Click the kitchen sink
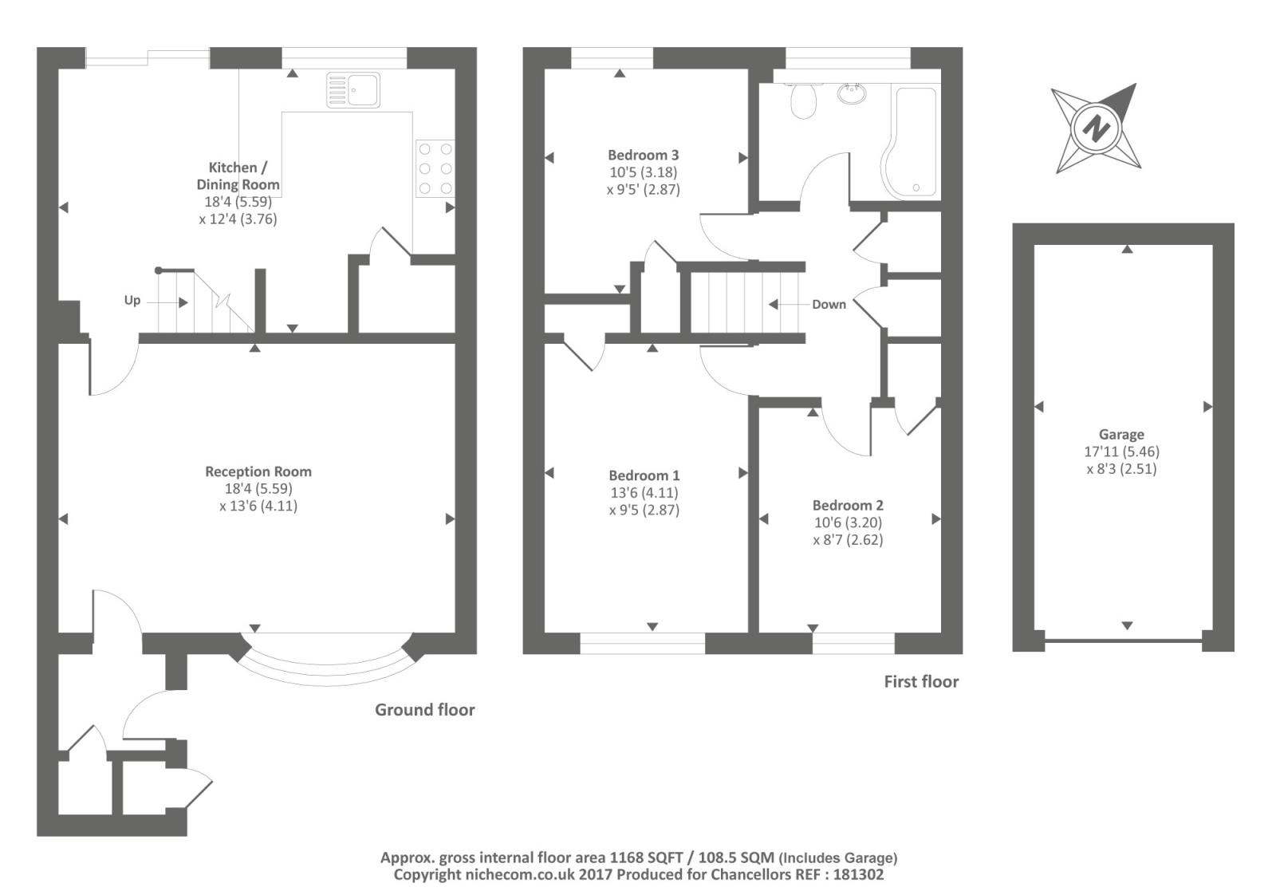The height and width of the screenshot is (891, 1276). [353, 90]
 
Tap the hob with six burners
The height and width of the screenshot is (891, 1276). [435, 168]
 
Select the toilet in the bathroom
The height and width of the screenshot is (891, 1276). [804, 101]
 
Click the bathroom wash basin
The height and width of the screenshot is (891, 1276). [853, 93]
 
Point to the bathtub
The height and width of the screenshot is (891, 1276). [910, 143]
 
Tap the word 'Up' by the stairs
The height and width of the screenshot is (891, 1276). [132, 300]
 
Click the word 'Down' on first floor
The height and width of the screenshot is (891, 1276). [829, 304]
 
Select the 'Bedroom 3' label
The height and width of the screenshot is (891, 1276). [643, 155]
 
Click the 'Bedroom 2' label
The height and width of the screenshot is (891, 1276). [848, 505]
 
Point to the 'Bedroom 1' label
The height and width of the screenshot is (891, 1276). [644, 475]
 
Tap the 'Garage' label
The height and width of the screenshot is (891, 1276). [1121, 435]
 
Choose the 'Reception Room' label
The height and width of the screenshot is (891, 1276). [258, 471]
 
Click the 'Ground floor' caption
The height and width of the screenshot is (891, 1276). [424, 710]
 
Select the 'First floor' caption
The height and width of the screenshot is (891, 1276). [921, 681]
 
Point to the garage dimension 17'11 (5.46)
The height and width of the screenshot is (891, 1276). [1121, 451]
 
